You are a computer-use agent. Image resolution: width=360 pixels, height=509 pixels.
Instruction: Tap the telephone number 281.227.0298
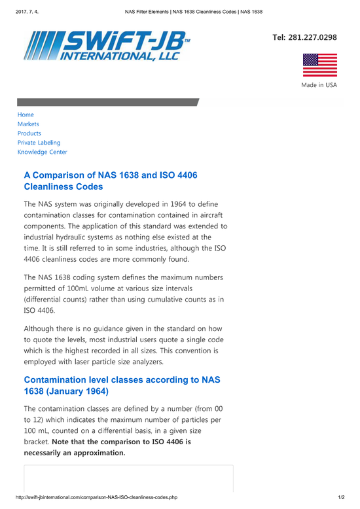pos(304,37)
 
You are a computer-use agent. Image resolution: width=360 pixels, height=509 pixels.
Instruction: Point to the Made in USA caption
pos(319,86)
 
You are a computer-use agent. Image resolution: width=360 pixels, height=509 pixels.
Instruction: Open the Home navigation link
pos(26,114)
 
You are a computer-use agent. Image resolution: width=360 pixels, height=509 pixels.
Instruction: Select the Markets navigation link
pos(28,124)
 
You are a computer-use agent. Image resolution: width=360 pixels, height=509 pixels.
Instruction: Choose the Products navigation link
pos(29,133)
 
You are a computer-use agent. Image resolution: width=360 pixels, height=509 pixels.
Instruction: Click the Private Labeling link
pos(39,142)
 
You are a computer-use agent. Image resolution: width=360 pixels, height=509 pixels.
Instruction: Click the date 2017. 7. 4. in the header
pos(20,11)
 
